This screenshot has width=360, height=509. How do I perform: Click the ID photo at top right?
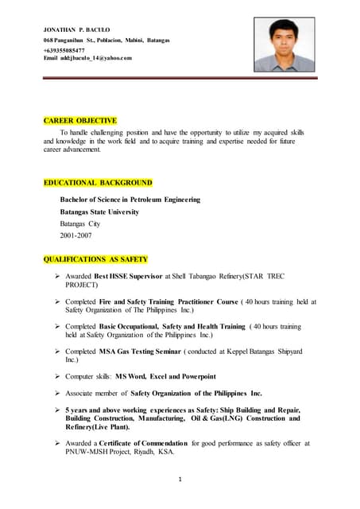point(284,45)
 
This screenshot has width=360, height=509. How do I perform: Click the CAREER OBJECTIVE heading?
point(80,120)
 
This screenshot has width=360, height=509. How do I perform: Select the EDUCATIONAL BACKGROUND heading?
point(98,182)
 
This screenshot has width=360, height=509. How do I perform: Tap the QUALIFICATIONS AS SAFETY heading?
point(95,258)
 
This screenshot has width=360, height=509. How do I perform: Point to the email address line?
point(87,58)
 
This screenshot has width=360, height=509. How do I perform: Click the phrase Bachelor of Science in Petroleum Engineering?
point(130,200)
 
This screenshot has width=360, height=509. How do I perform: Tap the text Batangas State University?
point(99,212)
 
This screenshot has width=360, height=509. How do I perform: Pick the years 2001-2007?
point(76,236)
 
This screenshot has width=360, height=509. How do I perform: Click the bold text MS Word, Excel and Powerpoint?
point(166,375)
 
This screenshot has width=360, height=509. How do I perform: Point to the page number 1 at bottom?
point(180,480)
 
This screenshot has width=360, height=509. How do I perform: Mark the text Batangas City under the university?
point(80,224)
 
